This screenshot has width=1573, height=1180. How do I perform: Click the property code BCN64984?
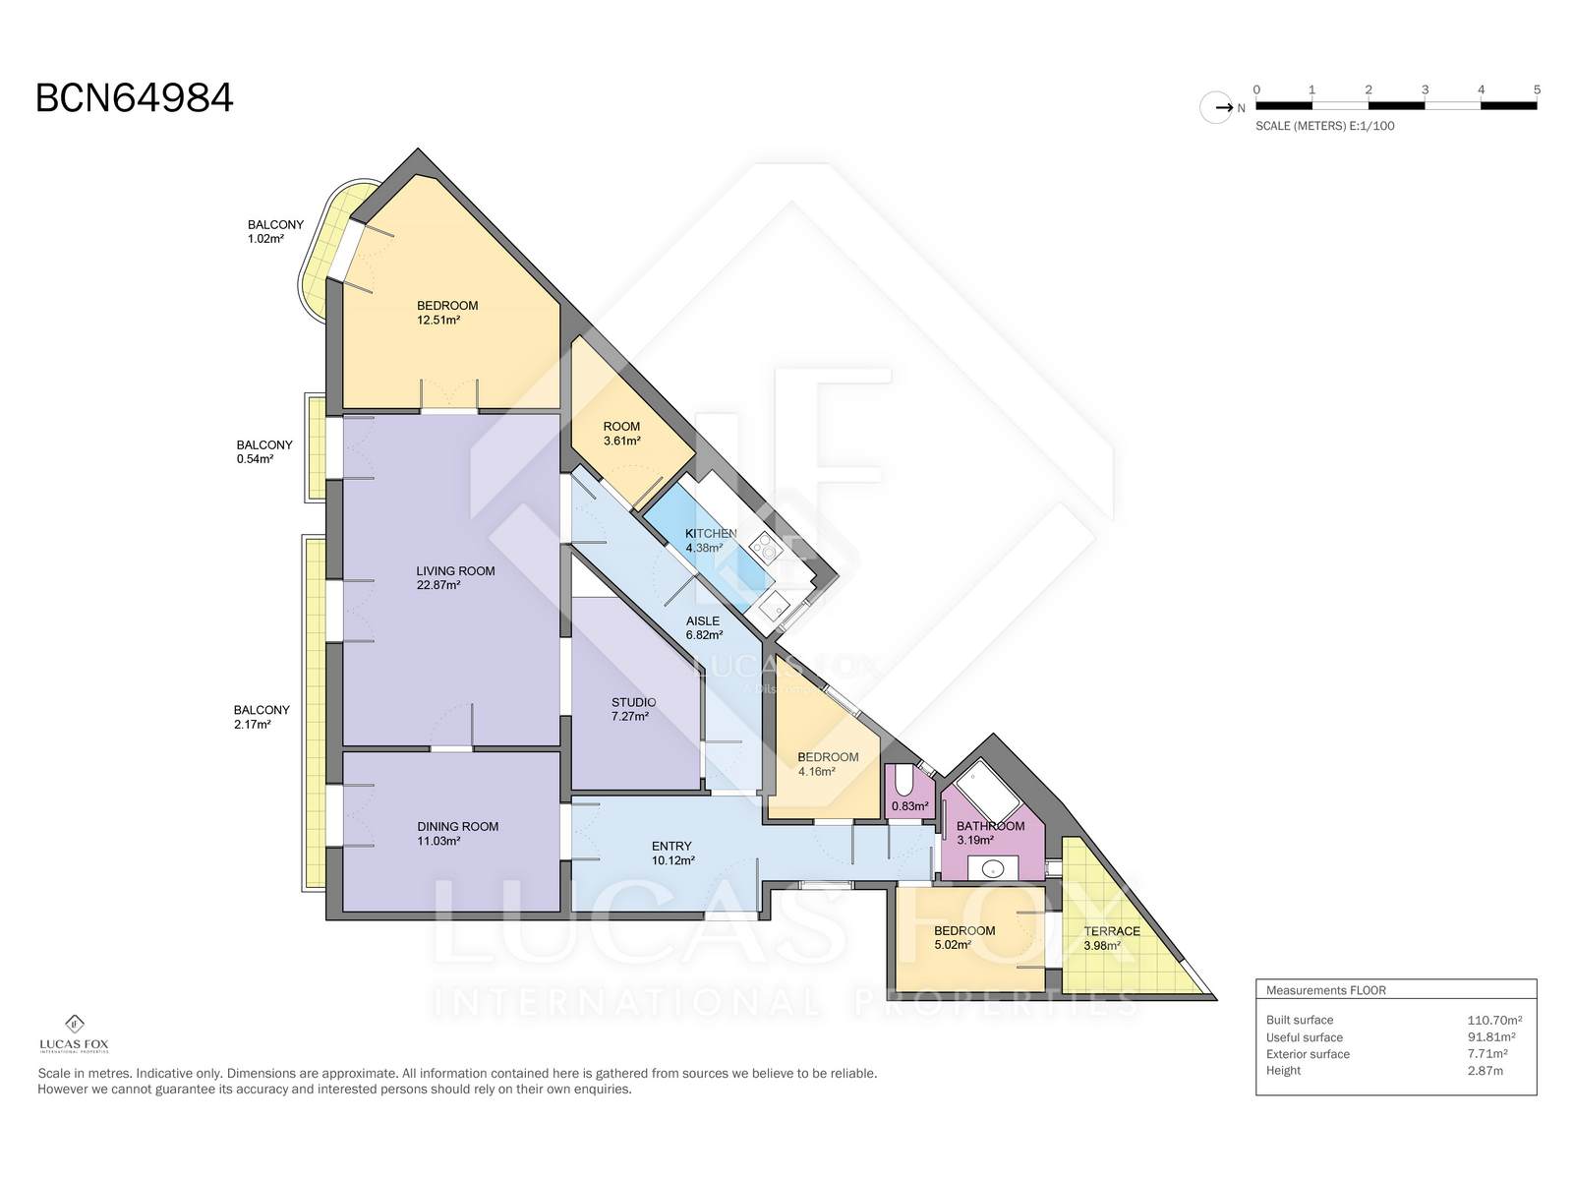click(134, 98)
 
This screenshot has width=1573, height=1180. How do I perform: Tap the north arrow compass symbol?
click(1216, 108)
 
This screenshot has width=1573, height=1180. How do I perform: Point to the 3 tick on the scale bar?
click(1425, 89)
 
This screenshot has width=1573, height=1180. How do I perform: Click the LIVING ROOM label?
click(455, 571)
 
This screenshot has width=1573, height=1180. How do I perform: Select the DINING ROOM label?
click(457, 826)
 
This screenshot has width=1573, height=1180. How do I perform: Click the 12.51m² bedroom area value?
click(437, 321)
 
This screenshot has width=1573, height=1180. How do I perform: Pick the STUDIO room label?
click(633, 702)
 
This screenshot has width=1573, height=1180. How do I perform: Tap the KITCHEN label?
click(711, 534)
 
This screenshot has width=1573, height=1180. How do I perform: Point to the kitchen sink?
click(774, 608)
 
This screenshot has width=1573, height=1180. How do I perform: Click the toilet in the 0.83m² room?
click(903, 781)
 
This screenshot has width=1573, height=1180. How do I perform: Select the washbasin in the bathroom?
click(993, 869)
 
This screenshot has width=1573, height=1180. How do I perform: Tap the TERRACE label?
click(1112, 931)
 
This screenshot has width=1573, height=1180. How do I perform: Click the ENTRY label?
click(671, 846)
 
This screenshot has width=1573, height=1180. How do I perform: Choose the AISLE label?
click(702, 621)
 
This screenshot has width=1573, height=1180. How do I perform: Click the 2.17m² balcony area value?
click(253, 725)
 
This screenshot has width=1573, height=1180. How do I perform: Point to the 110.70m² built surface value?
click(1494, 1021)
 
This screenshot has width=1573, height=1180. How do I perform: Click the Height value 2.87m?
click(1485, 1071)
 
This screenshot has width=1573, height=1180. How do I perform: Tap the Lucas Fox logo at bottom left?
click(75, 1033)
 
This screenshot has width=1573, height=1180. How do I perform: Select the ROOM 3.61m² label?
click(621, 434)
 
